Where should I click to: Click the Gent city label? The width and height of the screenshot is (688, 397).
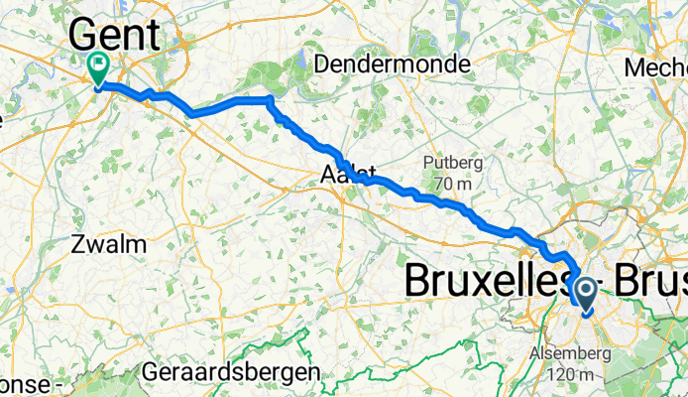[114, 36]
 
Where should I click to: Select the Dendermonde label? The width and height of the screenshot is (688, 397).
[392, 65]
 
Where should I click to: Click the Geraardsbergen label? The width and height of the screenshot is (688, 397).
[231, 372]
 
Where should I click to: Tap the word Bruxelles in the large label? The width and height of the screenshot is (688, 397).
[486, 281]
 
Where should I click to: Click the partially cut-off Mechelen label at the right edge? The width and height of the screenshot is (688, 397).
[658, 67]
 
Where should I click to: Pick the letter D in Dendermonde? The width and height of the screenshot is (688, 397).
[321, 65]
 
